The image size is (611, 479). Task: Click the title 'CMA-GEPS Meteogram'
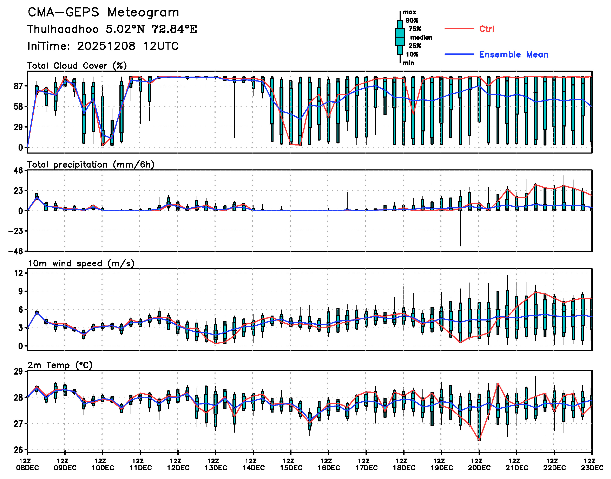point(103,13)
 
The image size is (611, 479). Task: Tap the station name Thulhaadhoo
point(63,29)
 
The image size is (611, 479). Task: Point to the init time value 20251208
point(106,46)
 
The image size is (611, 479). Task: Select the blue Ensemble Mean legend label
point(513,54)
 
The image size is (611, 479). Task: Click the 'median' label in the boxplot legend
point(421,37)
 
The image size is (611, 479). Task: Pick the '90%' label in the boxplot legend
point(412,20)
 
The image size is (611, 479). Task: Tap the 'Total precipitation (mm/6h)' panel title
point(91,165)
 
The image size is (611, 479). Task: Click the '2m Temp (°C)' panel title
point(60,365)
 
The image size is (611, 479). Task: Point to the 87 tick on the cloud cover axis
point(18,86)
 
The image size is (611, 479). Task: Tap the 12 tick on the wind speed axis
point(19,273)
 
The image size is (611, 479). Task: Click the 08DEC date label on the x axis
point(27,468)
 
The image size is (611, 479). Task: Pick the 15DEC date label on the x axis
point(291,468)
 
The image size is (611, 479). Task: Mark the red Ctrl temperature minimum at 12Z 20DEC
point(479,440)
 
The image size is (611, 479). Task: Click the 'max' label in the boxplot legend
point(409,12)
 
